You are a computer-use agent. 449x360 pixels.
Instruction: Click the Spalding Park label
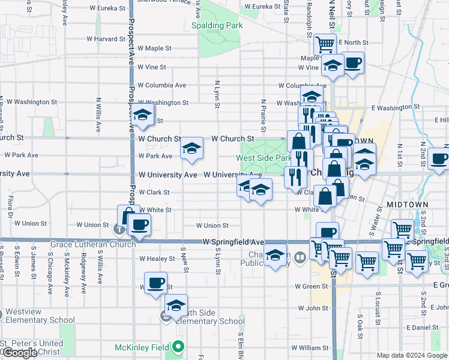[217, 26]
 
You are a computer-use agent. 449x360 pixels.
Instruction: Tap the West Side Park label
[264, 158]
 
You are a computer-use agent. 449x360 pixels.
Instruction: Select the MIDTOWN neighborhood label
[407, 205]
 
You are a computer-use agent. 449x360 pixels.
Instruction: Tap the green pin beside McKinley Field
[178, 347]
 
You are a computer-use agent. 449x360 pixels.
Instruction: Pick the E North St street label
[353, 43]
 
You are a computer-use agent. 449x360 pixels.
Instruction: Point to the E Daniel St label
[423, 328]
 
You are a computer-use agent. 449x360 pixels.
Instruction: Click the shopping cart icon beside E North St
[325, 43]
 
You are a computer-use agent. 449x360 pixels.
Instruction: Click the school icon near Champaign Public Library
[275, 256]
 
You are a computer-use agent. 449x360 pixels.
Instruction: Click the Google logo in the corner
[20, 353]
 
